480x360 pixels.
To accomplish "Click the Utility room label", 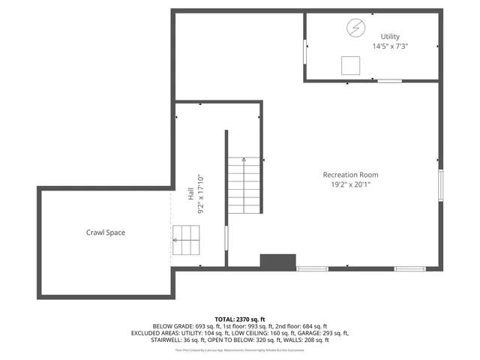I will coord(389,36).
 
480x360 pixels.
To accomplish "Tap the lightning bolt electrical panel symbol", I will coord(355,28).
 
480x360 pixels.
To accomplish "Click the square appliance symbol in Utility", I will coord(349,66).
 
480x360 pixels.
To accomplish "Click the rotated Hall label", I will coord(190,193).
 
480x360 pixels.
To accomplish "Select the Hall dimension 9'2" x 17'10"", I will coord(200,193).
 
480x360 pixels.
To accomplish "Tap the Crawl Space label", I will coord(105,232).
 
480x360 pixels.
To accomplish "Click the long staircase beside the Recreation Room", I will coord(244,185).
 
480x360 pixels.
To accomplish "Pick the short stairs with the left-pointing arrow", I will coord(187,240).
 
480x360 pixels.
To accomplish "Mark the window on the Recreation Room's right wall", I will coord(441,186).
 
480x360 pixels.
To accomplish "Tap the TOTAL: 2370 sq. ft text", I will coord(240,319).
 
